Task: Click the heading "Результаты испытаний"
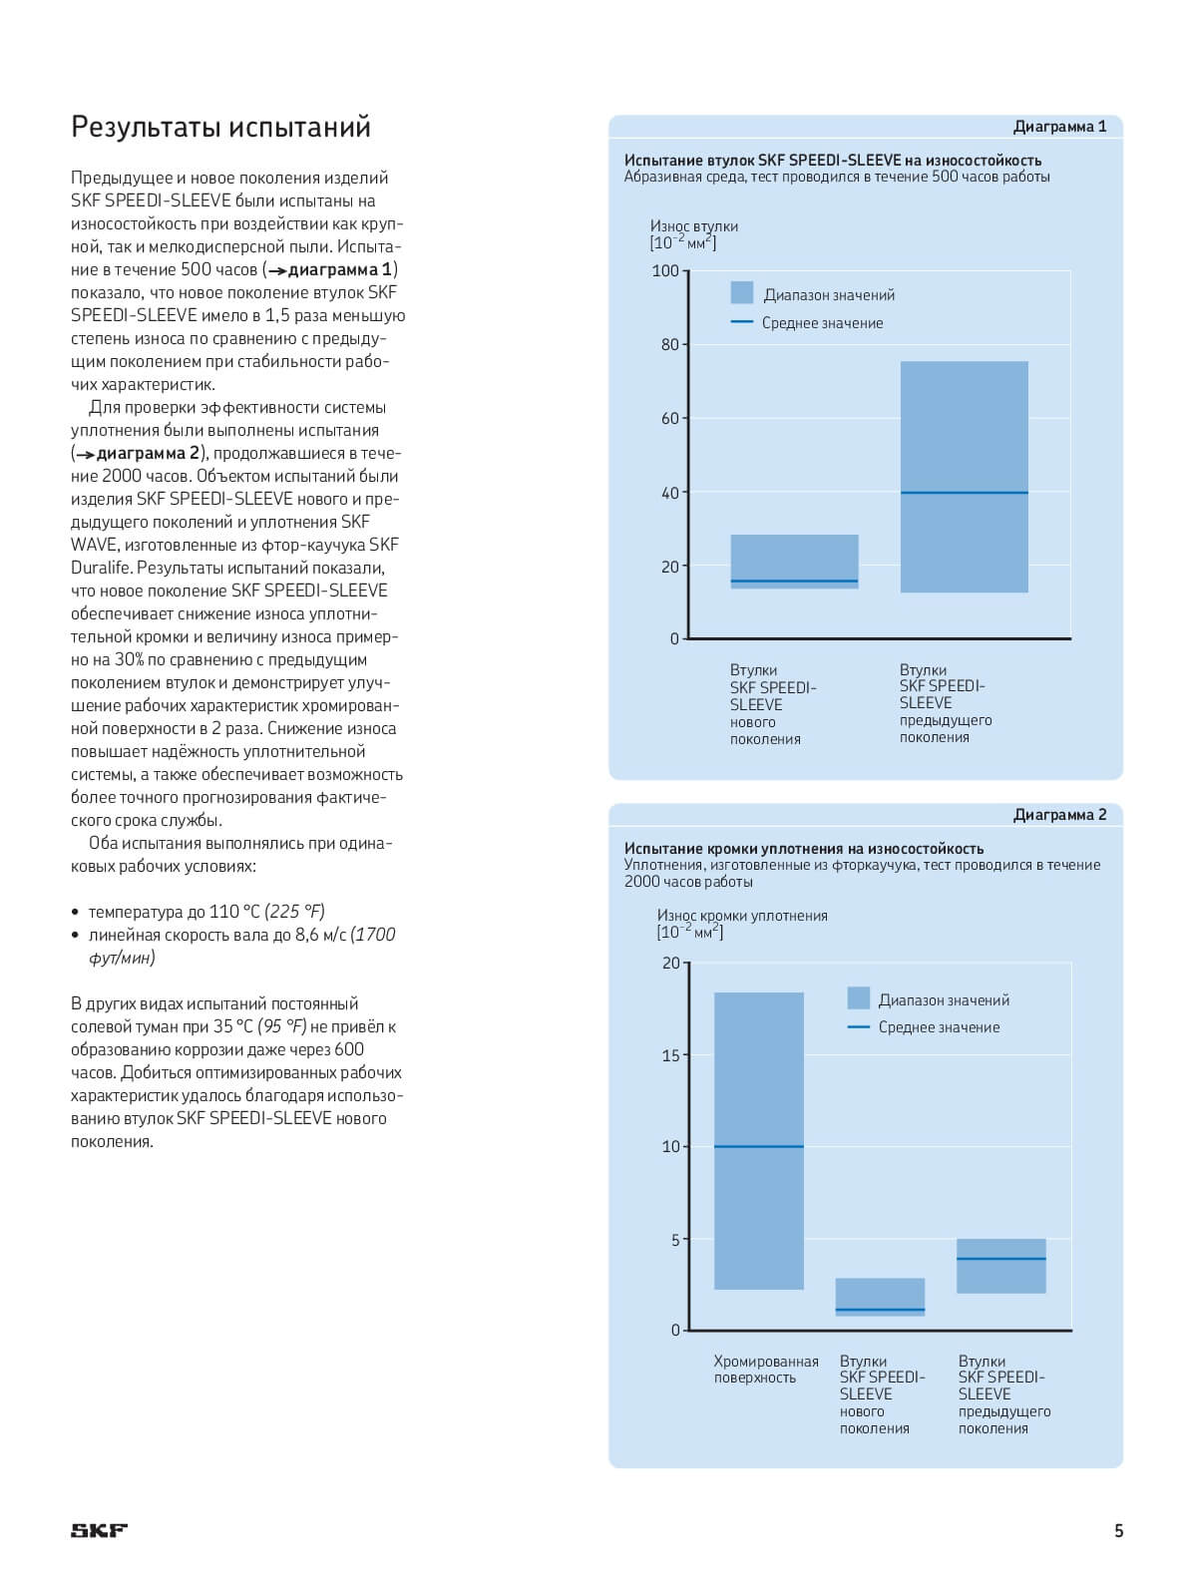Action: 220,127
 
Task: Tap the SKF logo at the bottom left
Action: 100,1530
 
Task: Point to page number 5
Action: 1118,1530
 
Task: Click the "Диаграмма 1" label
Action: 1059,127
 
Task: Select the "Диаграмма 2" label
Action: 1059,815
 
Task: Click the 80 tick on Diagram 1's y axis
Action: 670,345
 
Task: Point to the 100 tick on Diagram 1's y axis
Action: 665,271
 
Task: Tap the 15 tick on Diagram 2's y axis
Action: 671,1055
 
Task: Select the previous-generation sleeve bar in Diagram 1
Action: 964,477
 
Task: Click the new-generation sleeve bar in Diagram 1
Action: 794,562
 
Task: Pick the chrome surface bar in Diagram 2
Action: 759,1141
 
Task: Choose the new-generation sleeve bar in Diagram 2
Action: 881,1297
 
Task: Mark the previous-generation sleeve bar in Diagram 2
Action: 1001,1266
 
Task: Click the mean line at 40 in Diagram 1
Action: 964,493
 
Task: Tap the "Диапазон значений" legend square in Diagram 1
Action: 742,292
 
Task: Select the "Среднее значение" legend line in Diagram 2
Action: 859,1026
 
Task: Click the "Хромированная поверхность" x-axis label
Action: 766,1369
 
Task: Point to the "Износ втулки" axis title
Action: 694,225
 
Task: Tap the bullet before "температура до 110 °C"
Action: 75,913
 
